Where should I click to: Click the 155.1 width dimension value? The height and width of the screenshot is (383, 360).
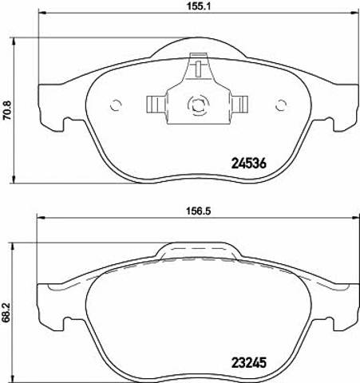tap(198, 6)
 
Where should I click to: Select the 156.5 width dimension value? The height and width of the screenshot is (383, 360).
tap(198, 211)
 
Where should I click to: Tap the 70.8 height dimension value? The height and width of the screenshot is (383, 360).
tap(7, 110)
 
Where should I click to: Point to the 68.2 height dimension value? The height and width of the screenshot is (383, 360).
tap(6, 313)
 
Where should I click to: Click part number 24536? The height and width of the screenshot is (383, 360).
tap(249, 164)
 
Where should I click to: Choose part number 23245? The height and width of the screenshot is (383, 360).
tap(249, 362)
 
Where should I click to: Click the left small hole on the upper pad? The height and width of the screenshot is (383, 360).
tap(116, 105)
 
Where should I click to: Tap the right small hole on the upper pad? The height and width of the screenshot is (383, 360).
tap(281, 105)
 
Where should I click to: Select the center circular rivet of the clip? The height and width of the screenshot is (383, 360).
tap(198, 105)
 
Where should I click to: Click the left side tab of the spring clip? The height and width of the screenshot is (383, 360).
tap(157, 105)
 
